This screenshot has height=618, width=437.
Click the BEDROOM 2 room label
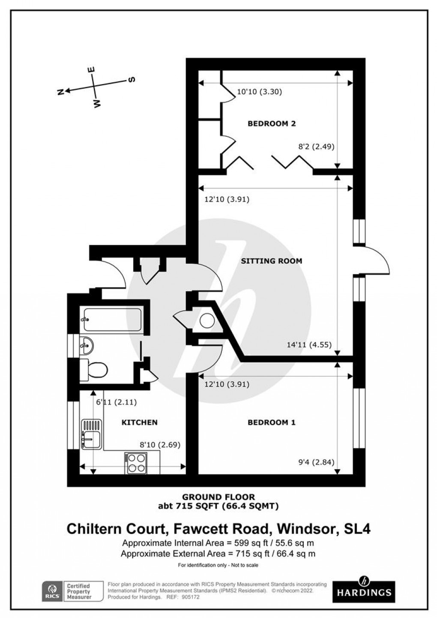(272, 124)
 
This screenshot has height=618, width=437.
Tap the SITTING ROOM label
(271, 261)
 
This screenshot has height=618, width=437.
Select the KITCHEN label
(140, 422)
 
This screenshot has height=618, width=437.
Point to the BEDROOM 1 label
(272, 422)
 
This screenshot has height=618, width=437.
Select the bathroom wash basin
(87, 344)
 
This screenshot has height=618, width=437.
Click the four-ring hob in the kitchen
(136, 463)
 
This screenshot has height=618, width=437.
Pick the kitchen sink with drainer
(91, 434)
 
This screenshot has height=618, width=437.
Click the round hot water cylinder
(207, 320)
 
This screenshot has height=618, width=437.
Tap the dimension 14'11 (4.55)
(310, 344)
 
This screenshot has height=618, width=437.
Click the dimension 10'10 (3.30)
(259, 91)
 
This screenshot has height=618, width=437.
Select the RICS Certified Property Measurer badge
(72, 591)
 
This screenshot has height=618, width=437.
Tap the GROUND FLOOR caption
(218, 497)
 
